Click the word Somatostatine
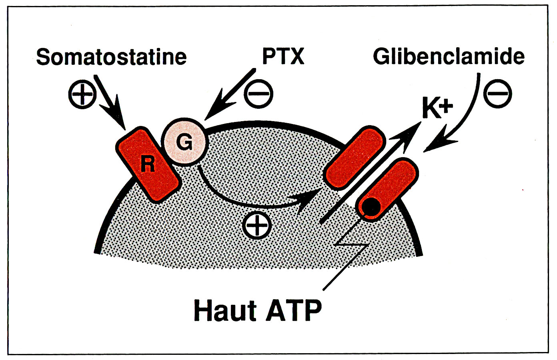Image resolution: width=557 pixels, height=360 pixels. pos(111,57)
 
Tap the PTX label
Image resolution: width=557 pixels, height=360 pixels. pos(283,56)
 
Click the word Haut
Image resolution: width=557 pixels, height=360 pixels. pos(225,310)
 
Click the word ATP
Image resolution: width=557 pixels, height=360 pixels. pos(294,310)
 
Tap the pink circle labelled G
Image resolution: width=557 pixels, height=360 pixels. pos(184,142)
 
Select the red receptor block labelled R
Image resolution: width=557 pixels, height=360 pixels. pos(148,164)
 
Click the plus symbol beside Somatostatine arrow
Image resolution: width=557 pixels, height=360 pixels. pos(82,94)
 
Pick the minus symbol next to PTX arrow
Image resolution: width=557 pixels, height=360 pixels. pos(258,94)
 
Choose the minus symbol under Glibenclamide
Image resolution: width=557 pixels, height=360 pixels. pos(497,94)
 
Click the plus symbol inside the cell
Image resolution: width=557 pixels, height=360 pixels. pos(257,226)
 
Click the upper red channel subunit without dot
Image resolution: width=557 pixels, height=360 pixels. pos(355,158)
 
